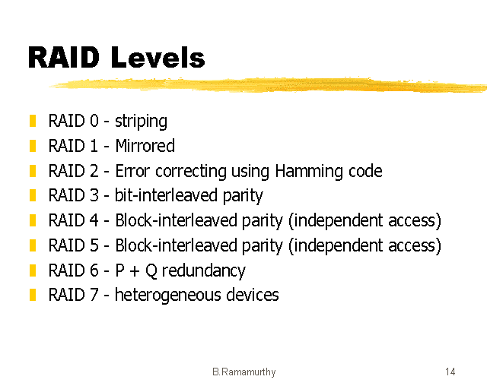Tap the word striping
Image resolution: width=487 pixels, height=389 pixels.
pyautogui.click(x=141, y=122)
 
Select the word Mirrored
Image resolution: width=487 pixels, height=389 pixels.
pyautogui.click(x=145, y=146)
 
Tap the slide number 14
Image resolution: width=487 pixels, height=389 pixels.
pyautogui.click(x=450, y=372)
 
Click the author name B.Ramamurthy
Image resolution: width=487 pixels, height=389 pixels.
pyautogui.click(x=243, y=372)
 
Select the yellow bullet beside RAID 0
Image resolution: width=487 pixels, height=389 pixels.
pyautogui.click(x=33, y=121)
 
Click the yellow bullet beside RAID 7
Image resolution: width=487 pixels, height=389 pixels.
pyautogui.click(x=33, y=295)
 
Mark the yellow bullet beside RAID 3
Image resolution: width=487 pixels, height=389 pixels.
pyautogui.click(x=33, y=195)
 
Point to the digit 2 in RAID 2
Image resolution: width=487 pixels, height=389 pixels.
pyautogui.click(x=94, y=171)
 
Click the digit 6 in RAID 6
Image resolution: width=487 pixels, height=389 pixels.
pyautogui.click(x=94, y=270)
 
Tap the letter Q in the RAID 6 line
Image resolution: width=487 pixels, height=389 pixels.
pyautogui.click(x=152, y=270)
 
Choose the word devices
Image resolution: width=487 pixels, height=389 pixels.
pyautogui.click(x=253, y=295)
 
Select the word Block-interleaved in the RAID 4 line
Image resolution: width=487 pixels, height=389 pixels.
pyautogui.click(x=166, y=220)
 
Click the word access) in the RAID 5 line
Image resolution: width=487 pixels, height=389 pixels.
pyautogui.click(x=416, y=245)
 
